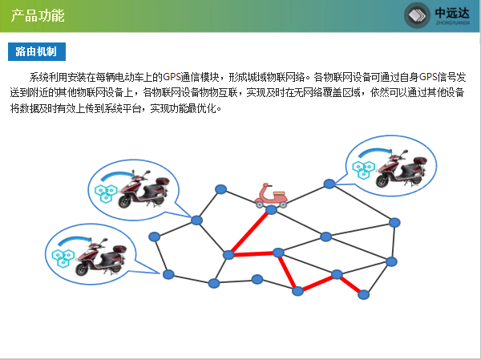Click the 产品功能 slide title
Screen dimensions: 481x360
coord(38,16)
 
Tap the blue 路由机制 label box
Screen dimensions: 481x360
coord(37,51)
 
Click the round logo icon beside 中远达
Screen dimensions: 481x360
coord(417,15)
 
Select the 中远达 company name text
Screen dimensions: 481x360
coord(452,13)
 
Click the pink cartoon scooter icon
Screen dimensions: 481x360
coord(271,196)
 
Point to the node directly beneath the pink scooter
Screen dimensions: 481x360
coord(271,209)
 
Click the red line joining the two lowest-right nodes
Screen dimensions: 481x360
coord(350,285)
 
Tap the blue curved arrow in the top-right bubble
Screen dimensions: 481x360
coord(375,152)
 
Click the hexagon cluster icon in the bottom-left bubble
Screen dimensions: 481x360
coord(63,258)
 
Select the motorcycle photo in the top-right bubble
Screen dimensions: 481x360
coord(402,169)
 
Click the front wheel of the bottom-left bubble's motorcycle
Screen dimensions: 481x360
coord(82,269)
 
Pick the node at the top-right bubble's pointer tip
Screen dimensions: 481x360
coord(329,184)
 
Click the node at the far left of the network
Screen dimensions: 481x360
coord(155,237)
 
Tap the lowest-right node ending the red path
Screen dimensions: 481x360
coord(363,295)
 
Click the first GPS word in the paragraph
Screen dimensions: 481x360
coord(172,77)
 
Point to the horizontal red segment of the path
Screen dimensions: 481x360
coord(253,254)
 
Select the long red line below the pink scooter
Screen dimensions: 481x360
coord(250,232)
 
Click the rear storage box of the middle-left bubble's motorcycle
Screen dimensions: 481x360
coord(163,180)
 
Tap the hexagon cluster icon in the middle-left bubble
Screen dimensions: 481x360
coord(106,194)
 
